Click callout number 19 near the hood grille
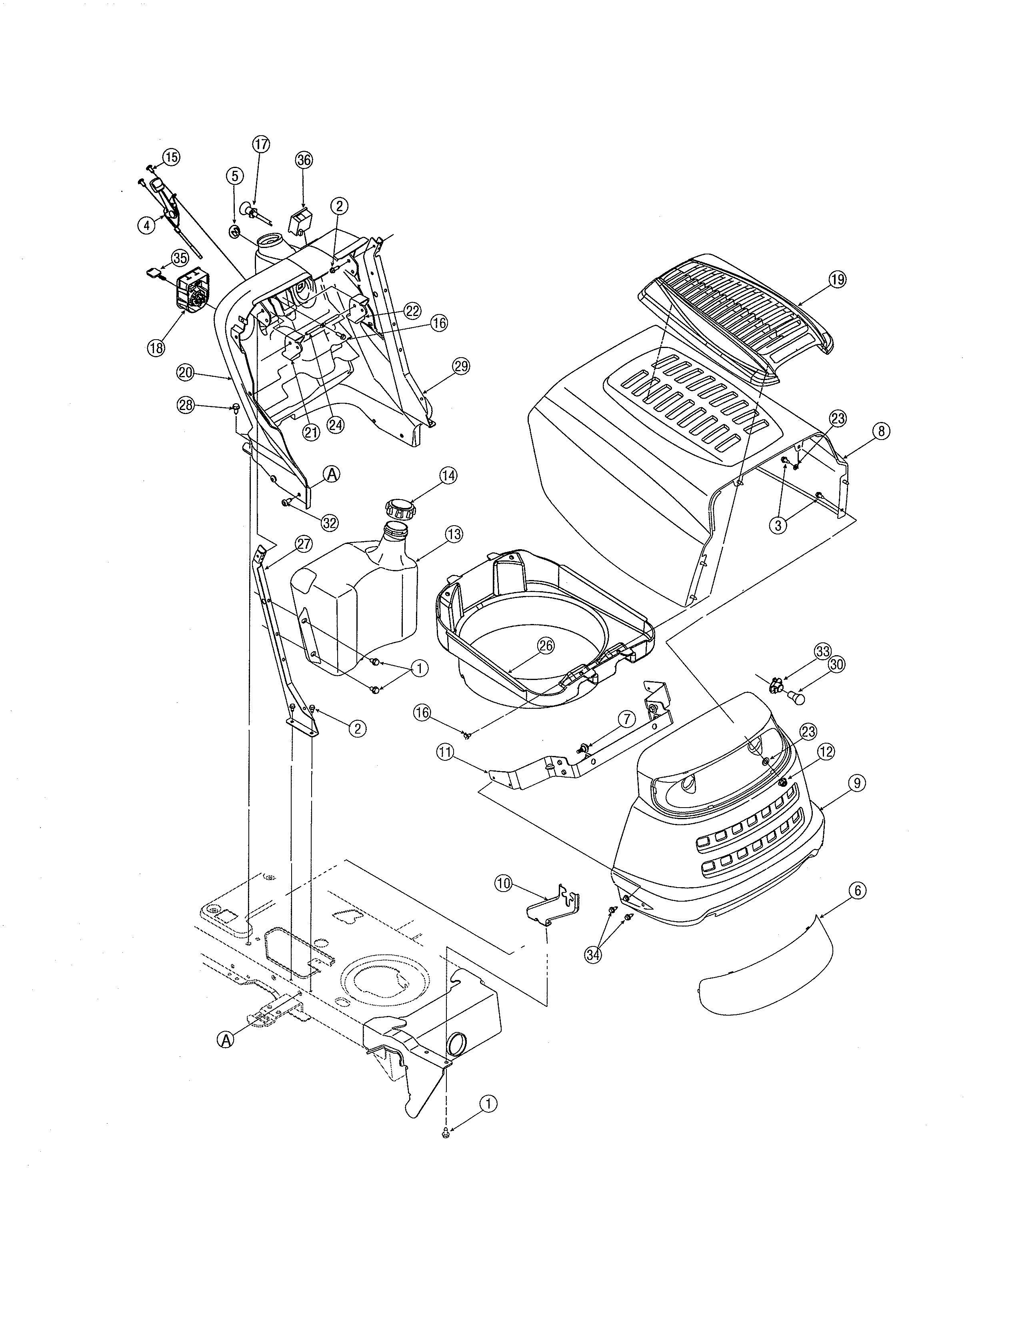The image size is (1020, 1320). tap(838, 279)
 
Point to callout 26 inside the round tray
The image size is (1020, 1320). tap(545, 646)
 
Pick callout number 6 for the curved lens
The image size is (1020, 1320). tap(856, 890)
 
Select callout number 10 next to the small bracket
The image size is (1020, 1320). tap(503, 883)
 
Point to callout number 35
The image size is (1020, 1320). tap(180, 258)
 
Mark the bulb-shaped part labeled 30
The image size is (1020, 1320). tap(798, 698)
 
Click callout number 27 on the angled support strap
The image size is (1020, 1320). tap(304, 543)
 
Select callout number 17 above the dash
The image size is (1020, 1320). tap(260, 144)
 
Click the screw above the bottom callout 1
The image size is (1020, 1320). tap(445, 1133)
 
